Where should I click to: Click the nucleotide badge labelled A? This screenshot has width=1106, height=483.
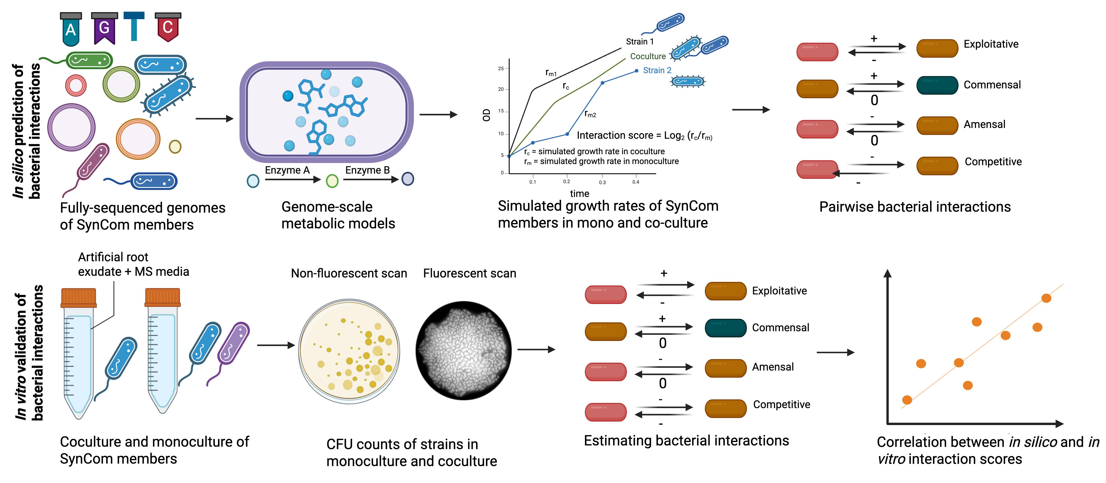tap(71, 29)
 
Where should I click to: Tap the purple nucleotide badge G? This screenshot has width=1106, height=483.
tap(104, 28)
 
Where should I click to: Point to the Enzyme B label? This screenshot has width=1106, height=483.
tap(367, 170)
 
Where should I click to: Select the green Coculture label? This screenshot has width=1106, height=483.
tap(647, 56)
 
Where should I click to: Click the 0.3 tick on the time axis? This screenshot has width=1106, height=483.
tap(602, 182)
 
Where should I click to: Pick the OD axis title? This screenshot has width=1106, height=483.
tap(486, 115)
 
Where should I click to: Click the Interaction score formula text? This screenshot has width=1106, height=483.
tap(644, 136)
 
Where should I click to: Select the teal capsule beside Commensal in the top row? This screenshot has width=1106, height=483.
tap(937, 85)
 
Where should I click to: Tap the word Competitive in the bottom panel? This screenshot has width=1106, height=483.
tap(781, 404)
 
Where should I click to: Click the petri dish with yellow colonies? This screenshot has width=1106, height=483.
tap(349, 351)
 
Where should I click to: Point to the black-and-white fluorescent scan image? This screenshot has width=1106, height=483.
tap(464, 350)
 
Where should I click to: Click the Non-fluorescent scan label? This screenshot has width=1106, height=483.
tap(349, 273)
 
